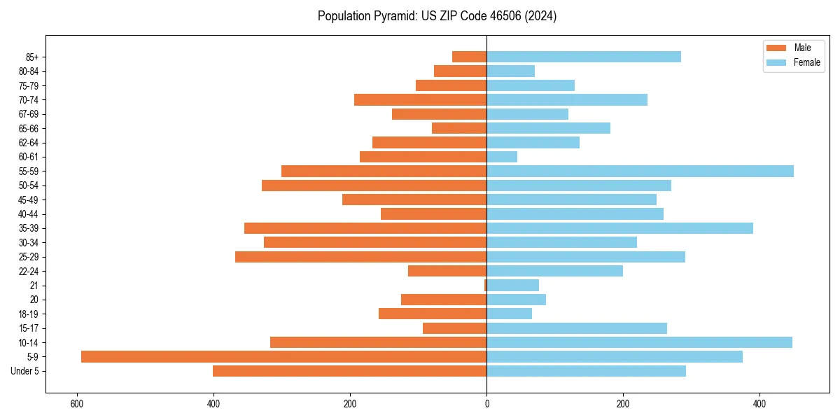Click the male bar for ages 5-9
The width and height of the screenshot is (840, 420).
click(283, 357)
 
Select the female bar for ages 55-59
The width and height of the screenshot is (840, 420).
click(640, 171)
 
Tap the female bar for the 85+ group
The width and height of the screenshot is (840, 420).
click(584, 57)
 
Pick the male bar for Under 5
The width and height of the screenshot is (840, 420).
click(349, 371)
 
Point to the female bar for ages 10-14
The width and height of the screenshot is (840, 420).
click(639, 342)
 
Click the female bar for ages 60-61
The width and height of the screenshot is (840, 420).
click(502, 157)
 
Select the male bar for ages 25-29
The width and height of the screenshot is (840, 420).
click(360, 257)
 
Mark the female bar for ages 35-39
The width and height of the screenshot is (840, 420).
click(619, 228)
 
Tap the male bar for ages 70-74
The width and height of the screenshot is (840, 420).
click(420, 100)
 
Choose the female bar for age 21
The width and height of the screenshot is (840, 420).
click(513, 286)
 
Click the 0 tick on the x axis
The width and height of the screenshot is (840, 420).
click(486, 404)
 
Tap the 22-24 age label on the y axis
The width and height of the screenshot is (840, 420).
click(29, 272)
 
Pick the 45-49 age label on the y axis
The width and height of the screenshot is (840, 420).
click(29, 200)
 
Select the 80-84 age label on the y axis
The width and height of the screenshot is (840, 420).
click(29, 71)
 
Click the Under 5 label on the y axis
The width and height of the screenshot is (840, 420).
click(25, 371)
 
